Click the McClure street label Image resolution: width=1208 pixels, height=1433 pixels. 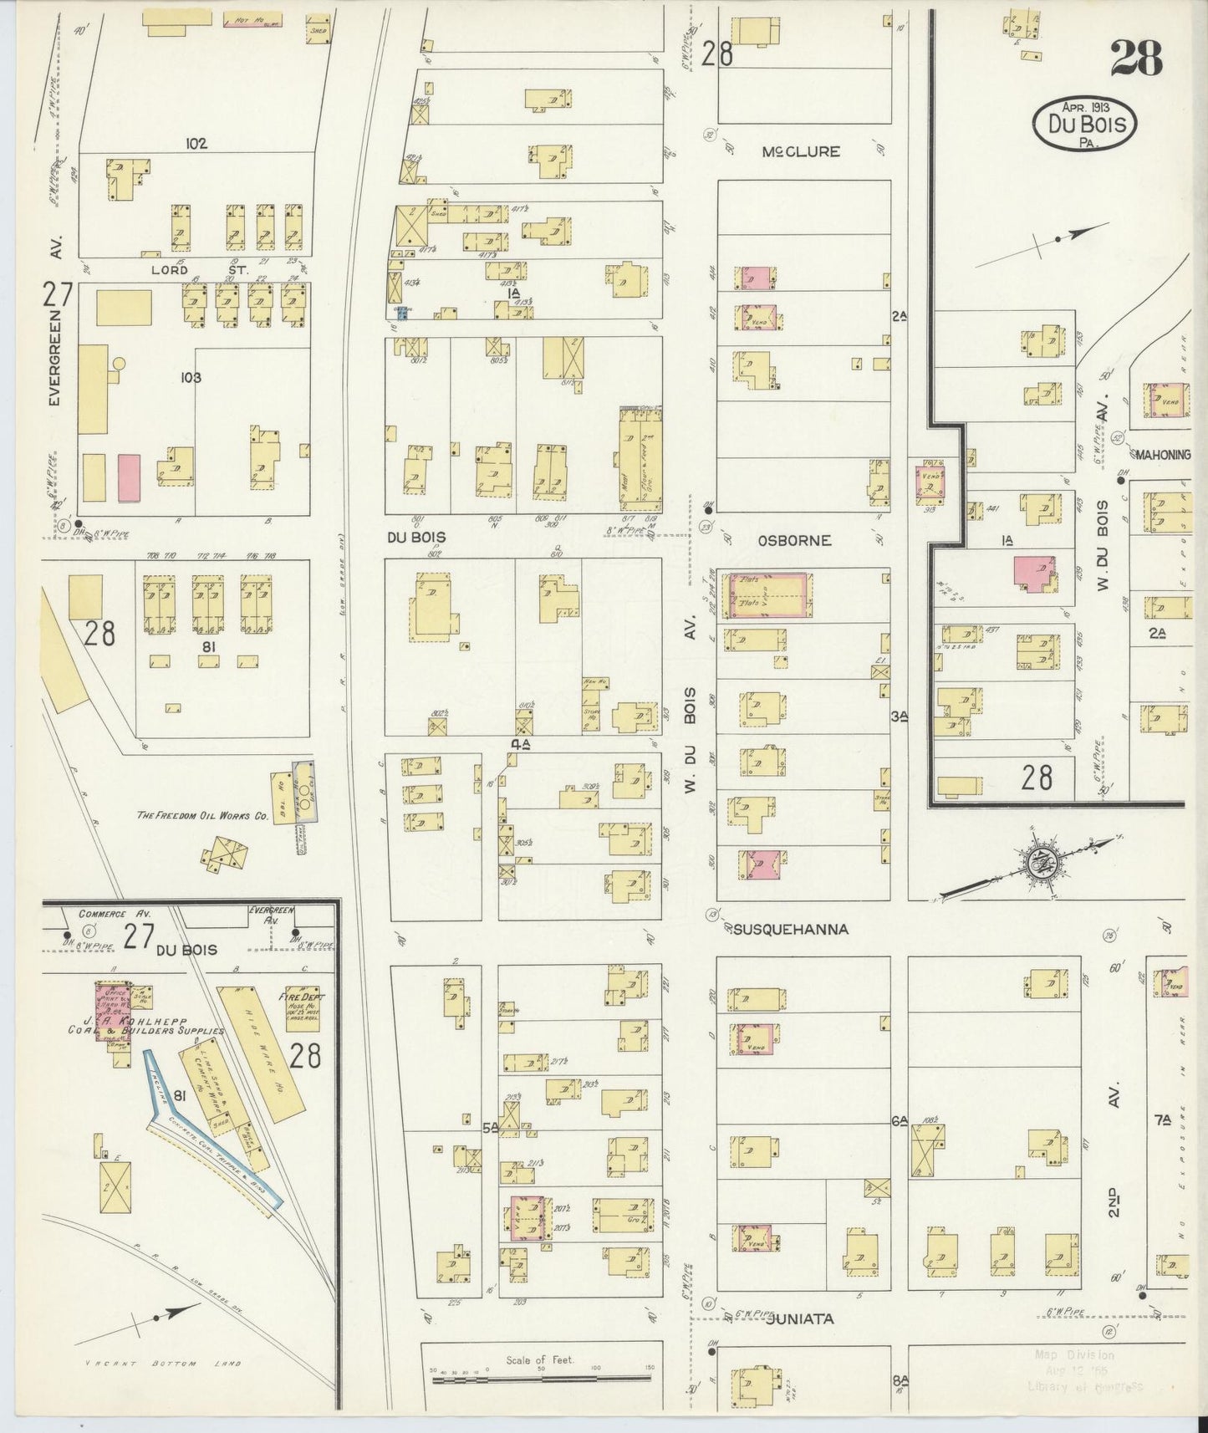[x=801, y=152]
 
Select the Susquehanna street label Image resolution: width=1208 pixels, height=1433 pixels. [x=791, y=929]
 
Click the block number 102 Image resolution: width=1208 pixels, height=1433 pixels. [x=196, y=143]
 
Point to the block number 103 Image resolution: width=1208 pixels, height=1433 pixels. [x=191, y=377]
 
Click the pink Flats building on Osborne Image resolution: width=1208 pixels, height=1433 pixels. [x=770, y=595]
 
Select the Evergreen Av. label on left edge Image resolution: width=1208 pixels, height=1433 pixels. [x=55, y=355]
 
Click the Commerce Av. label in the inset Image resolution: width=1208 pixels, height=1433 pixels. [x=107, y=914]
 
